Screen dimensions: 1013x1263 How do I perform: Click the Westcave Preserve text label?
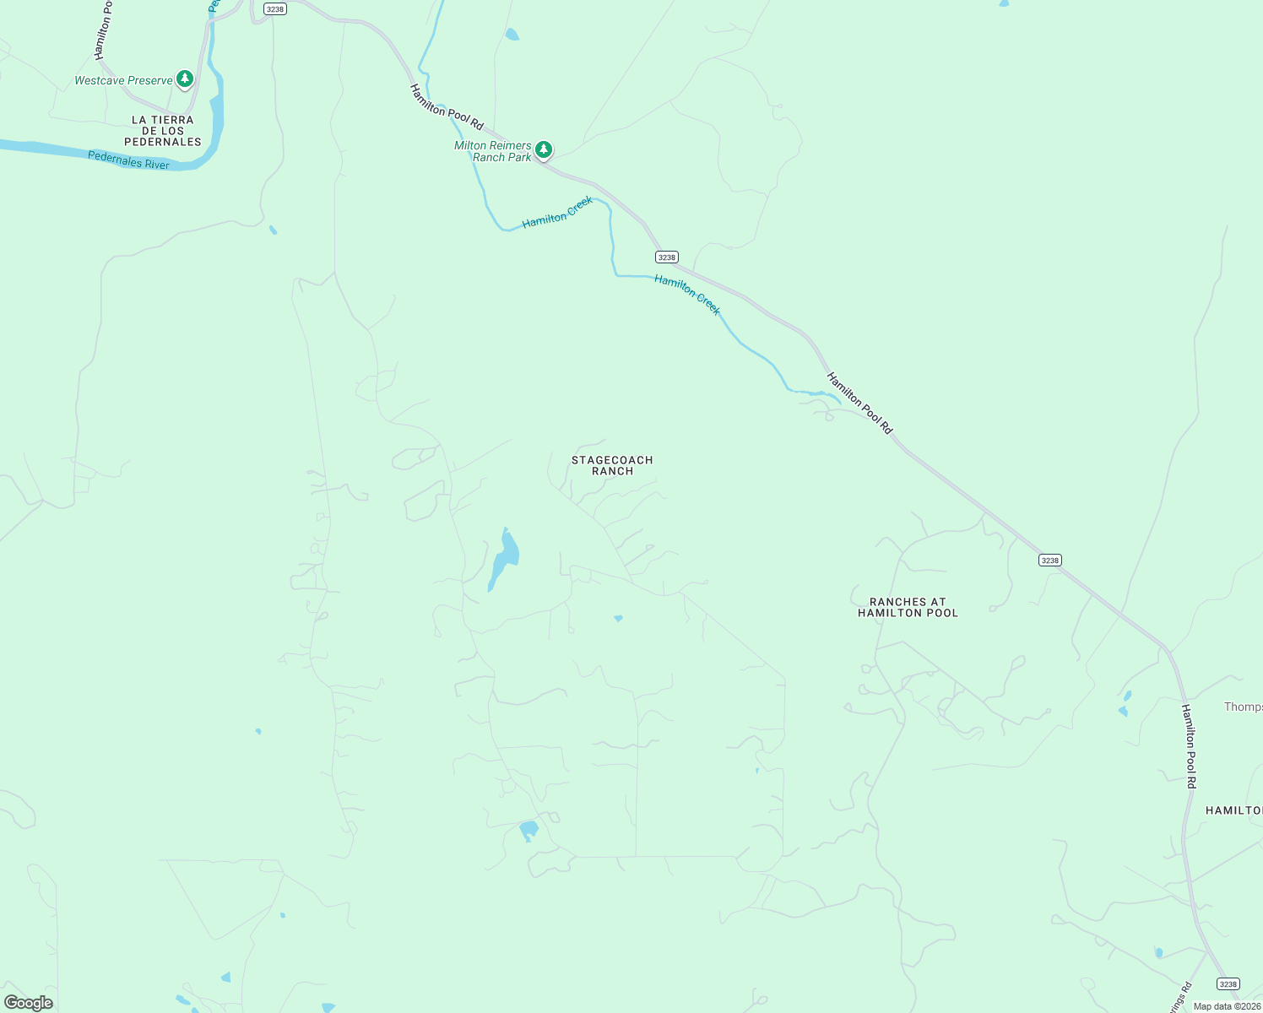tap(123, 81)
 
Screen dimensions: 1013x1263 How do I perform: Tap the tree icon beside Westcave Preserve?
tap(185, 79)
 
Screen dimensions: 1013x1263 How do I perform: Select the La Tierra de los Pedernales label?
tap(163, 131)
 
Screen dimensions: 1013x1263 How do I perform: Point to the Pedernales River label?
tap(128, 160)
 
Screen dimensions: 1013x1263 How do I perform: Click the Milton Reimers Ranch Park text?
tap(493, 151)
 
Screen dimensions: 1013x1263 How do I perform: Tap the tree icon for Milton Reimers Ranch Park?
tap(544, 150)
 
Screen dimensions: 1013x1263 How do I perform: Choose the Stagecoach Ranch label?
tap(612, 465)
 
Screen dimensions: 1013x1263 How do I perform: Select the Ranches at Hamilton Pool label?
tap(908, 607)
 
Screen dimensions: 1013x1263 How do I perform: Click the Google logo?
tap(29, 1003)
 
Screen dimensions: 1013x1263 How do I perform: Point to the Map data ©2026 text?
tap(1227, 1006)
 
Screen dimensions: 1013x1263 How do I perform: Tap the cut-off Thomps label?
tap(1243, 707)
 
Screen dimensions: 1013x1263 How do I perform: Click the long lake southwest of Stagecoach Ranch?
tap(504, 559)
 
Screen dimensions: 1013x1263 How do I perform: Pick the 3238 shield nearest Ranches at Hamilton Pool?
tap(1049, 561)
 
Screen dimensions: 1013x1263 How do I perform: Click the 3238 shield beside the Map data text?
tap(1228, 984)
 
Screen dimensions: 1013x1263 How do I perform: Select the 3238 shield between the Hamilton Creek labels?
tap(667, 257)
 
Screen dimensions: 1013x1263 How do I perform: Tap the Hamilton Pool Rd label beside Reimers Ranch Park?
tap(447, 107)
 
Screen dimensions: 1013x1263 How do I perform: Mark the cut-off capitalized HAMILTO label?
tap(1233, 810)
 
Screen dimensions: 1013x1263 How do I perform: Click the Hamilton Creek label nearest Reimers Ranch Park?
tap(557, 212)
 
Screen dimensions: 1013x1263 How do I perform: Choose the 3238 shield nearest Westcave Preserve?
tap(274, 9)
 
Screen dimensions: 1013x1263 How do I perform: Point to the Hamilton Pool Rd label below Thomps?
tap(1189, 746)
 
